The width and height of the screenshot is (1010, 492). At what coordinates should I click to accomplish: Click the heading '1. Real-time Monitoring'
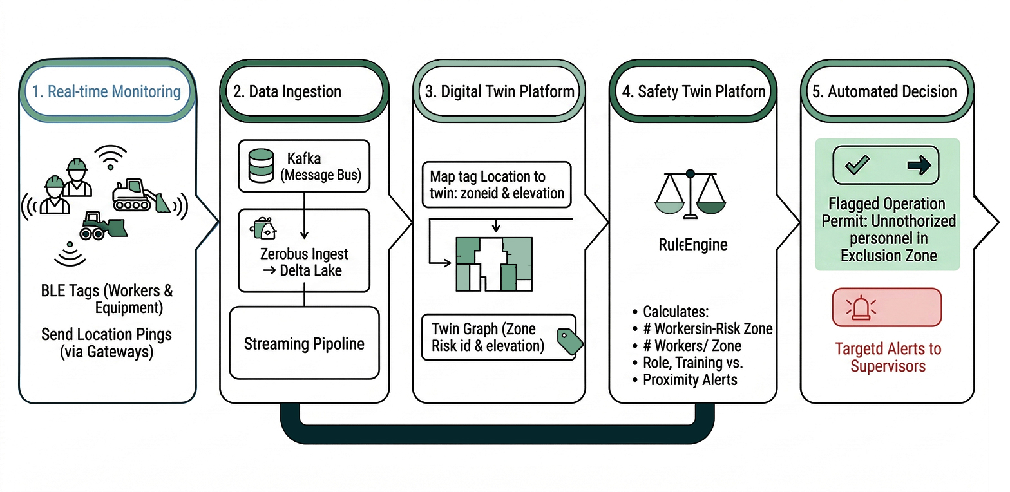(107, 91)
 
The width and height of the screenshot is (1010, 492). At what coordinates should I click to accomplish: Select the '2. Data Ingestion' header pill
(287, 91)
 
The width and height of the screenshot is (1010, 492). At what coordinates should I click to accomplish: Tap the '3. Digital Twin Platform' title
(498, 91)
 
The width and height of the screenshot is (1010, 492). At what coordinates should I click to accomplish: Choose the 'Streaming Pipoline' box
(304, 343)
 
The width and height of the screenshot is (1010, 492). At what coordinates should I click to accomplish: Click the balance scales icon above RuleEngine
(690, 193)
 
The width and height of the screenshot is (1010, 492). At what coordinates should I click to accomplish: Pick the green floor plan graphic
(494, 264)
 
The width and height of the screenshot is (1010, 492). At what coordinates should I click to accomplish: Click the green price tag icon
(569, 339)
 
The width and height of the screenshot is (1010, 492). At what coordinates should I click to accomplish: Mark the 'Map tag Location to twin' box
(497, 185)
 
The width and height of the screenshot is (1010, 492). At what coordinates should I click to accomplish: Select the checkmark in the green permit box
(857, 166)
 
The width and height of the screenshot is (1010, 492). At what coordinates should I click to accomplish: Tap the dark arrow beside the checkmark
(919, 166)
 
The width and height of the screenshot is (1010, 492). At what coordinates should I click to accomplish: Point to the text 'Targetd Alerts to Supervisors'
(888, 357)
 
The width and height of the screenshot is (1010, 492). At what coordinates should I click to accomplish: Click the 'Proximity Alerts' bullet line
(689, 379)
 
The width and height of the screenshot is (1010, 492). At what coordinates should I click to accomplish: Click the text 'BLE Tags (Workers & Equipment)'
(107, 298)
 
